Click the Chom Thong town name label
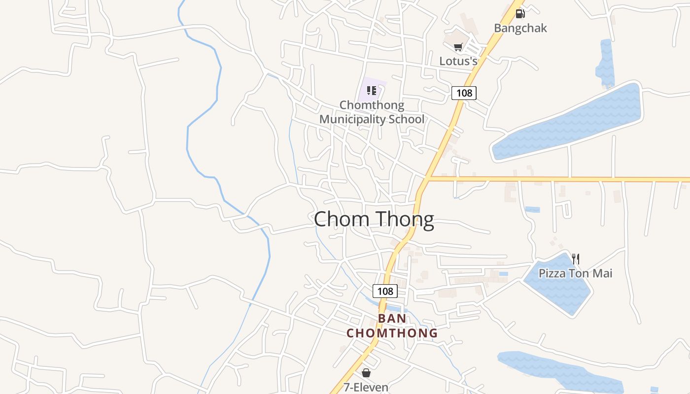click(x=374, y=219)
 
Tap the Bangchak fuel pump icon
click(x=520, y=14)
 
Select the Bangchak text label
click(x=520, y=28)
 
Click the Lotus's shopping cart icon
click(x=458, y=47)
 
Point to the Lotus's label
click(x=458, y=61)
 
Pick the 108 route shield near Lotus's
click(x=464, y=93)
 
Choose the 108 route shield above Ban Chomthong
click(x=385, y=291)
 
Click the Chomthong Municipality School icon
click(x=372, y=91)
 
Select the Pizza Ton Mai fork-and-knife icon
click(x=576, y=259)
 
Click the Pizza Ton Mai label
click(x=575, y=273)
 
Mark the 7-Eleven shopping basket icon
click(x=366, y=373)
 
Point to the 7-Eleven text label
click(x=366, y=387)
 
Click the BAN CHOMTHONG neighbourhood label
click(x=392, y=326)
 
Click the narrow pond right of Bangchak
click(x=605, y=62)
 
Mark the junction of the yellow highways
click(x=429, y=178)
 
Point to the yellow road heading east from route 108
click(x=557, y=179)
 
